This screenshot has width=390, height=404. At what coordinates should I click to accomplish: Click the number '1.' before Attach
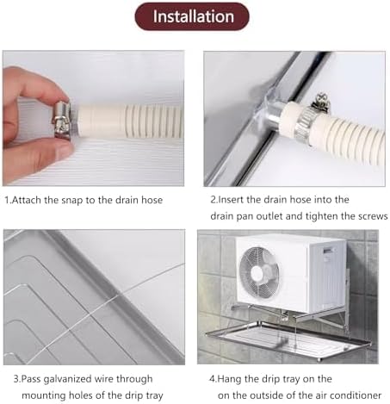(x=8, y=200)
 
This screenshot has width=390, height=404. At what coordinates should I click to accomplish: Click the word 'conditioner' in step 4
(x=350, y=394)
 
